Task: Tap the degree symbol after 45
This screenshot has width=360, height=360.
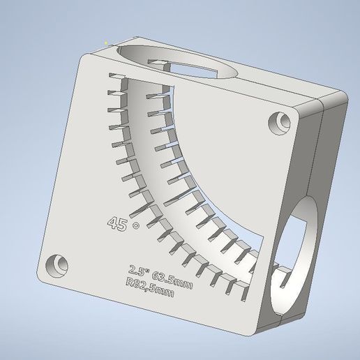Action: click(x=135, y=225)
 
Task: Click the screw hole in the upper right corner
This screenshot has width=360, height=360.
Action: click(x=281, y=121)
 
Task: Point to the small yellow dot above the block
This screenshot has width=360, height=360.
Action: click(x=105, y=43)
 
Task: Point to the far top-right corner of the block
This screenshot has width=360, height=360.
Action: click(x=345, y=93)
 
